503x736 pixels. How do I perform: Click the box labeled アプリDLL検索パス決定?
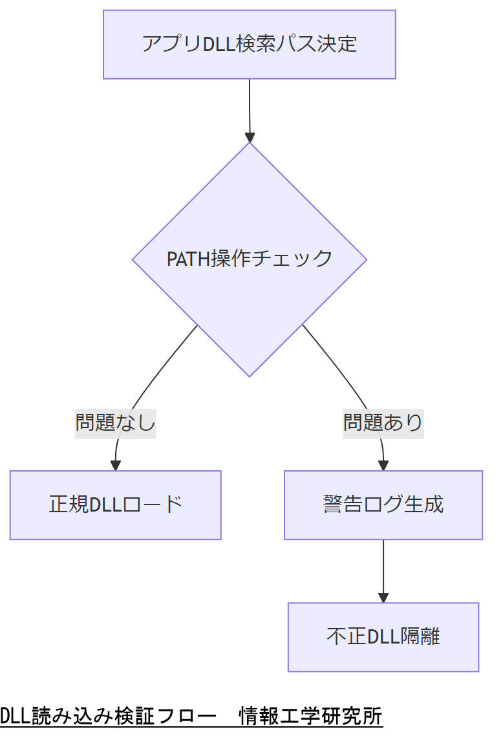(249, 45)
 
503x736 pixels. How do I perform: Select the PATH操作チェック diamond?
(249, 259)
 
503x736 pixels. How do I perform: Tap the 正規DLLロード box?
(115, 505)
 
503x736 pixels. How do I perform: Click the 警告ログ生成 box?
(383, 505)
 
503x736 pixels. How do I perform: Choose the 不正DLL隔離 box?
(383, 637)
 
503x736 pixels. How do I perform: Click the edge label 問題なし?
(116, 423)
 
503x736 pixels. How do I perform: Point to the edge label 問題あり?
(383, 423)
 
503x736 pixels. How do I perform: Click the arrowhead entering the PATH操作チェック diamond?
(250, 137)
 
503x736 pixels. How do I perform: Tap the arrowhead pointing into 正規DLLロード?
(116, 465)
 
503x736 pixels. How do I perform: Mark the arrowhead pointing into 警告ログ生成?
(383, 465)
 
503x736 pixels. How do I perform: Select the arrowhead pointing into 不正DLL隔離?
(383, 598)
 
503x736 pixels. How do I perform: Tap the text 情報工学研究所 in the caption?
(311, 717)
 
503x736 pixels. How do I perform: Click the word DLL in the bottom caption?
(12, 717)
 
